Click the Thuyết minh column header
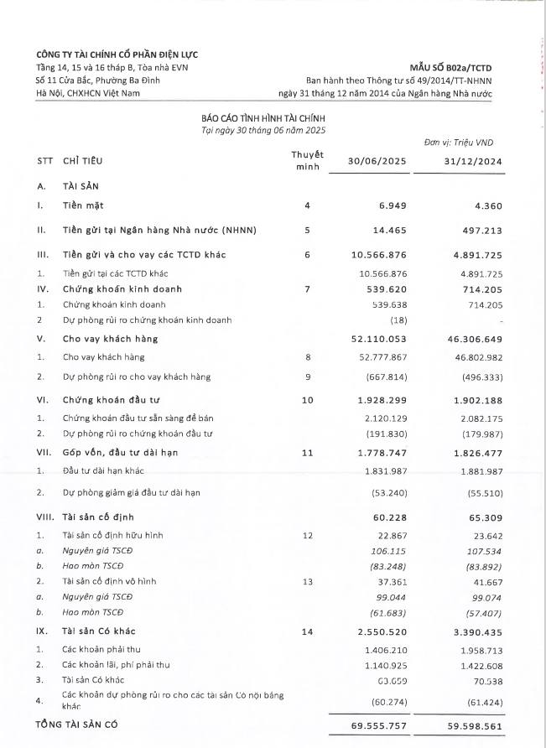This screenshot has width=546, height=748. tap(307, 161)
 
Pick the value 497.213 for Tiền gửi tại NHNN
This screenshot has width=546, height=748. tap(479, 230)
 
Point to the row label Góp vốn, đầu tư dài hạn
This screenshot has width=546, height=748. tap(122, 453)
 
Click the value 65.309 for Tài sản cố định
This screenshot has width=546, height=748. tap(483, 517)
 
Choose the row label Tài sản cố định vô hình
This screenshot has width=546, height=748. tap(107, 581)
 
